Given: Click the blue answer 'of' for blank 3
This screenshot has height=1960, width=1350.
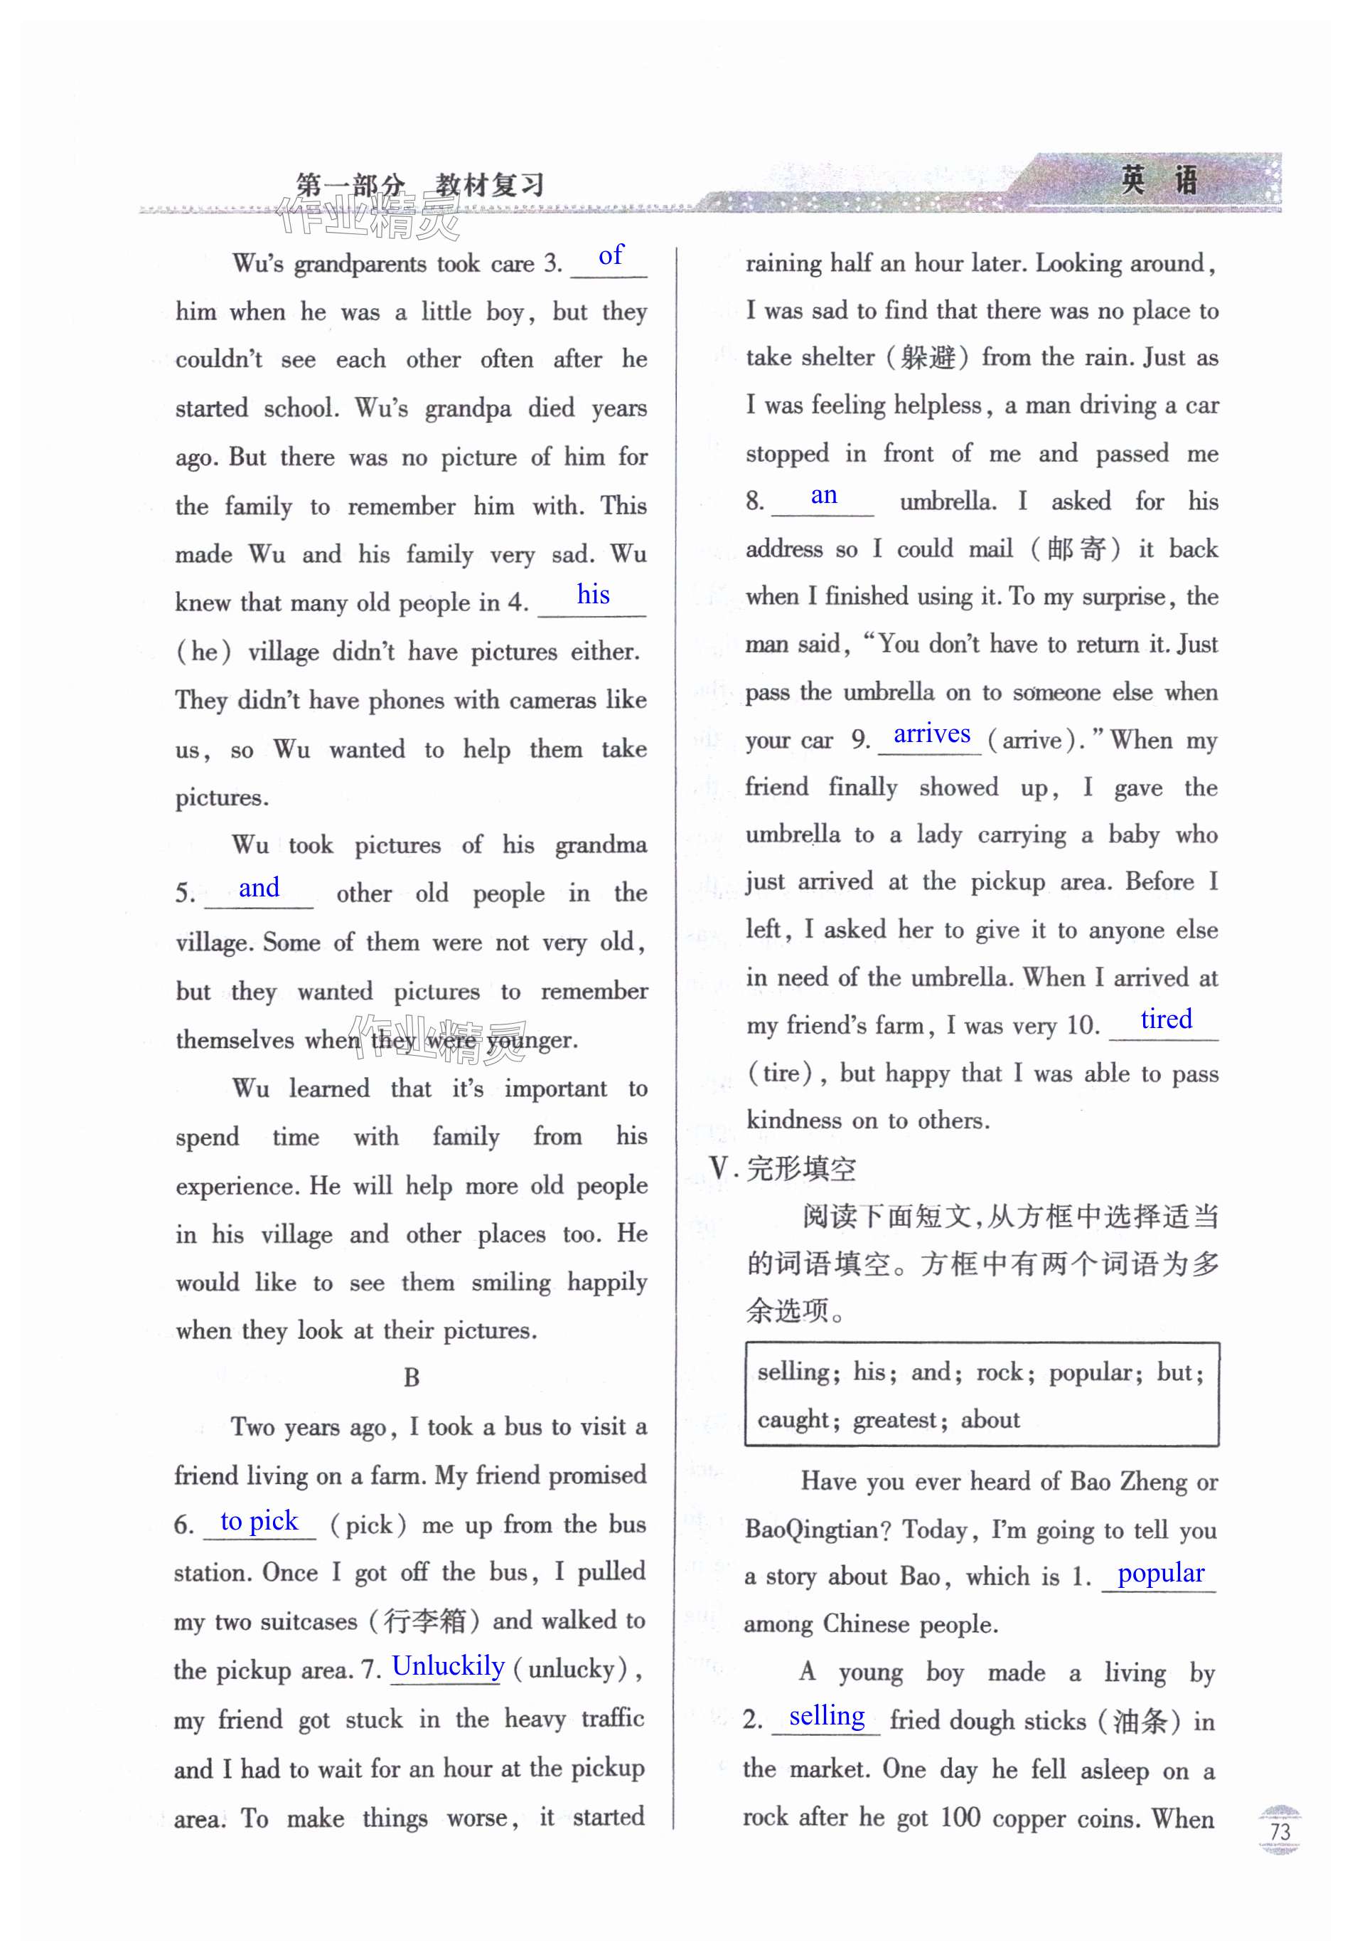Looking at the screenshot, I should point(610,255).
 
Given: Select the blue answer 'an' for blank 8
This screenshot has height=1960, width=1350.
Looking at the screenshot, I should point(823,495).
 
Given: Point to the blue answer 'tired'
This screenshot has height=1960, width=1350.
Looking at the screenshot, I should point(1166,1019).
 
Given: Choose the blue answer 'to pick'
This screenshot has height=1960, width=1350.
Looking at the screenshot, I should point(259,1521).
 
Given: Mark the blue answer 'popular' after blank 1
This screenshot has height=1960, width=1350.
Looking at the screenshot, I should point(1160,1572).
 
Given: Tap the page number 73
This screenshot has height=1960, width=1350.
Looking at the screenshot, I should point(1279,1832).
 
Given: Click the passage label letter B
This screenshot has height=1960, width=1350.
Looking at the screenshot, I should point(412,1378).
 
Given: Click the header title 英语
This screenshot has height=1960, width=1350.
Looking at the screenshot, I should point(1158,180).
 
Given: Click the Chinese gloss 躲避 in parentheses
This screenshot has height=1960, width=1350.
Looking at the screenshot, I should point(928,358).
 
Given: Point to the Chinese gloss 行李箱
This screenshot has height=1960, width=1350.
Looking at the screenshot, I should point(424,1621).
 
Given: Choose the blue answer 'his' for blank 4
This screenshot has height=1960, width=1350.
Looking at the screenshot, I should point(593,595).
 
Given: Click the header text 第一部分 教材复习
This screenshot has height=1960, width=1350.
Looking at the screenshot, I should point(419,184).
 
